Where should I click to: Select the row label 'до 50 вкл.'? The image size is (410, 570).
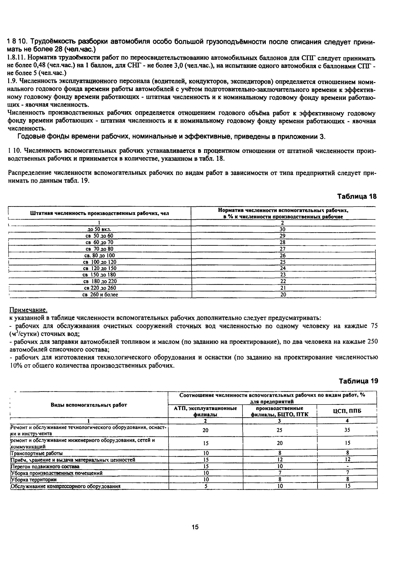click(x=99, y=229)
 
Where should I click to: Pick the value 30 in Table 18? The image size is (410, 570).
click(x=283, y=229)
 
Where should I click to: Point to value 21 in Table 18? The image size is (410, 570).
click(x=283, y=288)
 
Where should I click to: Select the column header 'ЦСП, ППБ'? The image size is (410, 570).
click(x=347, y=411)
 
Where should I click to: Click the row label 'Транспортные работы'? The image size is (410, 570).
click(x=36, y=453)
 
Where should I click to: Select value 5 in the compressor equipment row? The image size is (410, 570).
click(x=206, y=486)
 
